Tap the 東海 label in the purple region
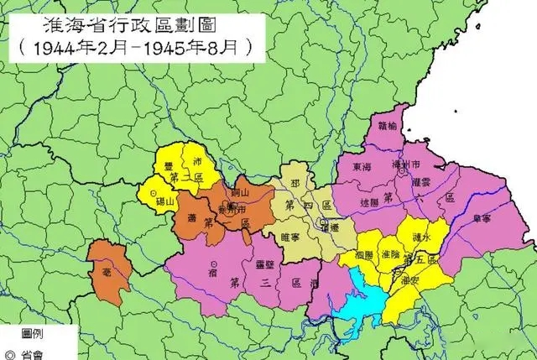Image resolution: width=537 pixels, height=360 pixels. [362, 167]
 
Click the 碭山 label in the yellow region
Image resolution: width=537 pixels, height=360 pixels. [169, 201]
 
